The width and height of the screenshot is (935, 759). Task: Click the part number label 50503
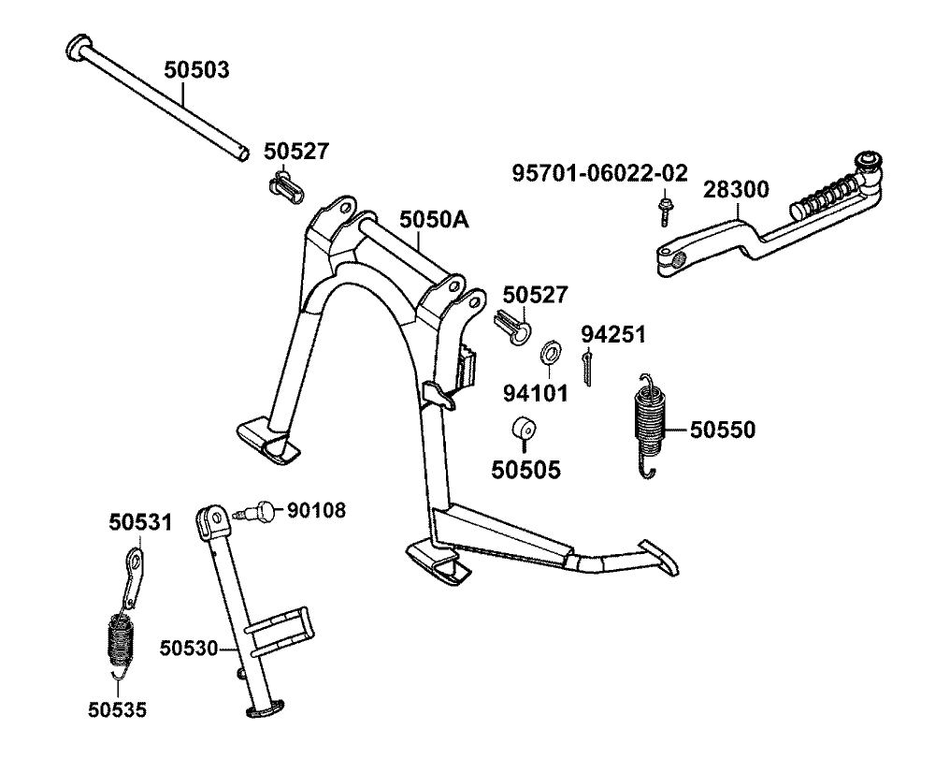pyautogui.click(x=196, y=70)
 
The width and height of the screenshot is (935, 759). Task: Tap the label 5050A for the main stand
pyautogui.click(x=434, y=220)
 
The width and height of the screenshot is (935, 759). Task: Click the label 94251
pyautogui.click(x=613, y=334)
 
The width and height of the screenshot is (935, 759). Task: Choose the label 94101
pyautogui.click(x=537, y=393)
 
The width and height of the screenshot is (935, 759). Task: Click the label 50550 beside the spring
pyautogui.click(x=723, y=430)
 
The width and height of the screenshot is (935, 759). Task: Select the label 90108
pyautogui.click(x=316, y=510)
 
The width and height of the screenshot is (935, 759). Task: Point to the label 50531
pyautogui.click(x=140, y=522)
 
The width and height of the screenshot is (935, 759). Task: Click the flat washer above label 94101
pyautogui.click(x=551, y=354)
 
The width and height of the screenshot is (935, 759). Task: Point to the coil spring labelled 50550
pyautogui.click(x=648, y=421)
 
